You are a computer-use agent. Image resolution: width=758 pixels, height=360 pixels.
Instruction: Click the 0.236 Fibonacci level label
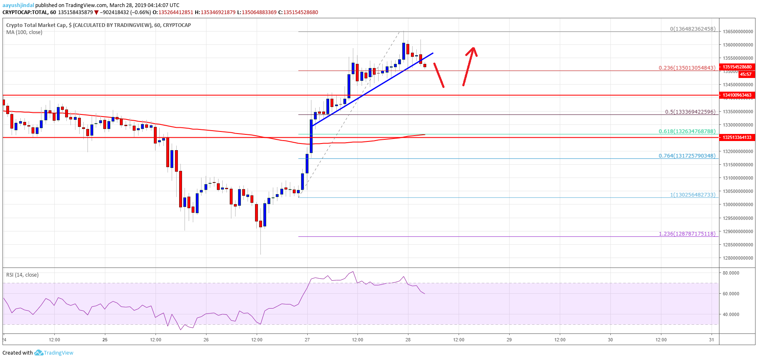687,68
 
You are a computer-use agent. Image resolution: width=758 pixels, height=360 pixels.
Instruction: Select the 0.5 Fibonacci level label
690,112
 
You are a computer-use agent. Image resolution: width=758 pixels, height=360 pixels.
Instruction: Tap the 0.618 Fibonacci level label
687,131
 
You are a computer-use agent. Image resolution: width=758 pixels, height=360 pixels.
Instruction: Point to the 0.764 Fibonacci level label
687,156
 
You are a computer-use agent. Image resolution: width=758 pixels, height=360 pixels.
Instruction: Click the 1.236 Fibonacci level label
687,234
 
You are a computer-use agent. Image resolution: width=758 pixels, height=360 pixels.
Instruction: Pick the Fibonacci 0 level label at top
692,29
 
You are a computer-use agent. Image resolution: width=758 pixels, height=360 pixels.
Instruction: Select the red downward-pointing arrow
439,75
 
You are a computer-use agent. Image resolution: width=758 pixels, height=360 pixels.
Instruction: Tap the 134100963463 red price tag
737,95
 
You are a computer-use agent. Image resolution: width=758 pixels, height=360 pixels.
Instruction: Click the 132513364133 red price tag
737,137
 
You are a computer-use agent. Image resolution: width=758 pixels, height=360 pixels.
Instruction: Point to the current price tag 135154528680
737,67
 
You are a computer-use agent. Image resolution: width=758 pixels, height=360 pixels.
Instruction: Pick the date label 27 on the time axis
307,340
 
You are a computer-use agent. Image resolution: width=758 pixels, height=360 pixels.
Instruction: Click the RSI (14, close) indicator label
22,275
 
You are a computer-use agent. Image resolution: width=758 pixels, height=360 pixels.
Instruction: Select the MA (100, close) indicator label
24,32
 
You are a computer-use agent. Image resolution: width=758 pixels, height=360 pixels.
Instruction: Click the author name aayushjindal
18,5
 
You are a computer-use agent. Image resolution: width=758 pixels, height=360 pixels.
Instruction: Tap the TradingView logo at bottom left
54,353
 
